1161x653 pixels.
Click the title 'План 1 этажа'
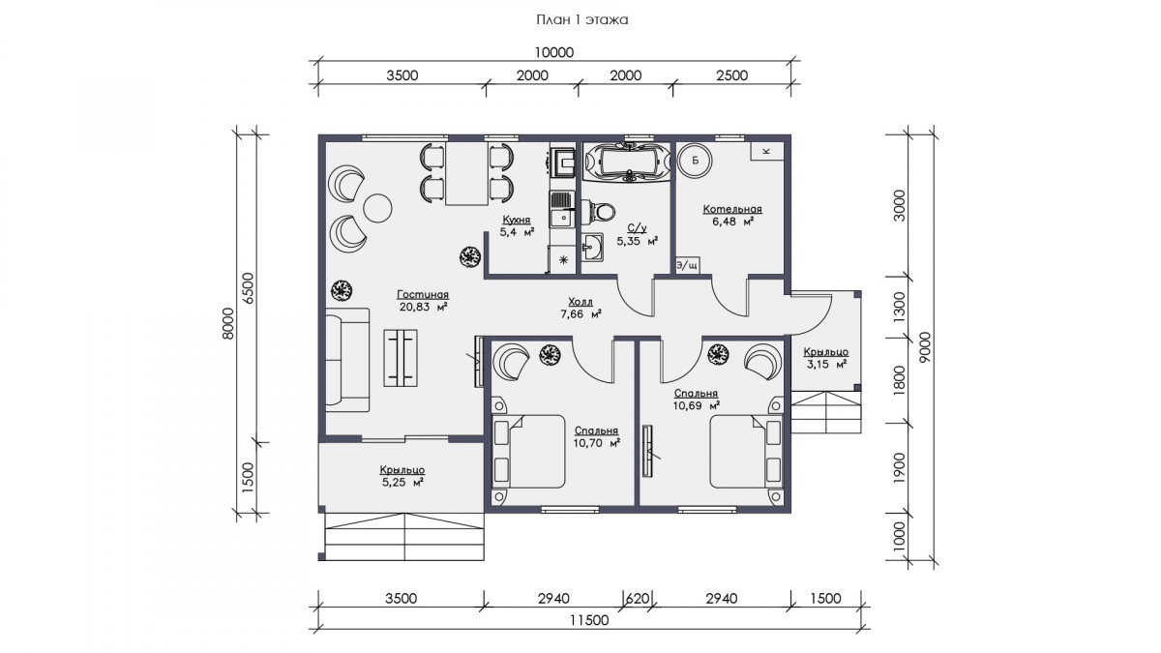tap(582, 20)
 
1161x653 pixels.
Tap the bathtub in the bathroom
tap(626, 163)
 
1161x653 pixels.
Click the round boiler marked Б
tap(695, 161)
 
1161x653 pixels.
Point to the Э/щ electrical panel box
tap(687, 265)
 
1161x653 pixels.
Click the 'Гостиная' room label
tap(423, 294)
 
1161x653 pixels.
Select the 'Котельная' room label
tap(732, 209)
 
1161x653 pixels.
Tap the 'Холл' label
tap(580, 302)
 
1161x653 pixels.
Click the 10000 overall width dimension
tap(554, 53)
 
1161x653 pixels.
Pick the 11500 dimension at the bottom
tap(589, 620)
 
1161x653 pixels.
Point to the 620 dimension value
tap(638, 599)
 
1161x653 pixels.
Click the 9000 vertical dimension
tap(926, 347)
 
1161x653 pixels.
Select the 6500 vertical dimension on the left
tap(250, 288)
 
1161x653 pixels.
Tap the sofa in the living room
tap(347, 360)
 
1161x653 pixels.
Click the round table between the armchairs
tap(378, 208)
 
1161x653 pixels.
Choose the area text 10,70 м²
tap(597, 443)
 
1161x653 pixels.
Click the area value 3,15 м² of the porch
tap(826, 365)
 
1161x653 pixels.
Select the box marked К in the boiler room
tap(767, 151)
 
